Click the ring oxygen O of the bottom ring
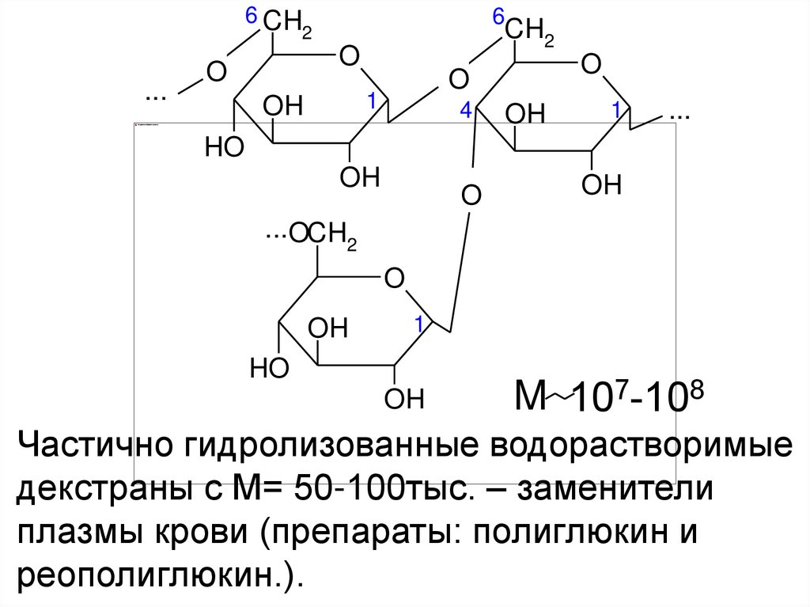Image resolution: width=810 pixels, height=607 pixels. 393,279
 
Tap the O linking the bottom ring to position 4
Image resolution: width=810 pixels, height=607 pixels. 471,195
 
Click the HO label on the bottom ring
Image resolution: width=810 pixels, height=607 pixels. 269,368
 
